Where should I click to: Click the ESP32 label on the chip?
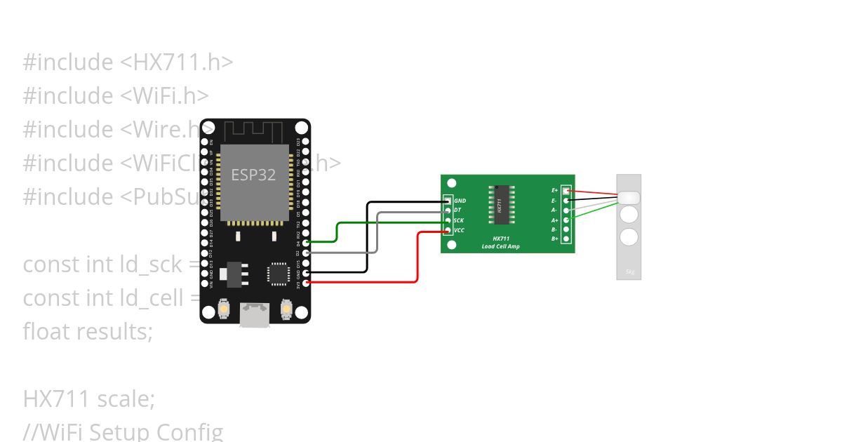(x=253, y=175)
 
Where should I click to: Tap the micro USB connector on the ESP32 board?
(x=253, y=314)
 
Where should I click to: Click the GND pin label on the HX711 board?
(x=460, y=201)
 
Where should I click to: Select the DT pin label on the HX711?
(x=457, y=210)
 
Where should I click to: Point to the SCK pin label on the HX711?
(x=458, y=220)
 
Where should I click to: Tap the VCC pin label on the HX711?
(x=459, y=230)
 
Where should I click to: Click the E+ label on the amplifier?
(x=554, y=190)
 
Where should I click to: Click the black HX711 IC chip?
(x=501, y=205)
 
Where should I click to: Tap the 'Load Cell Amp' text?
(x=500, y=246)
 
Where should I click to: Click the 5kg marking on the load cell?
(x=629, y=272)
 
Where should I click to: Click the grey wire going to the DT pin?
(x=377, y=232)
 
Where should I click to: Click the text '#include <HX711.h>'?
(x=128, y=62)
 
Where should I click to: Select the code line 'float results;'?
(x=88, y=331)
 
